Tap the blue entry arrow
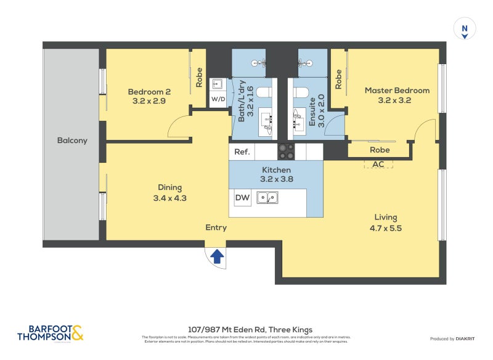[217, 256]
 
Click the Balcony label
[72, 141]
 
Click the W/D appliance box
[218, 99]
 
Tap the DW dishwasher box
[242, 198]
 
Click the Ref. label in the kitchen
[241, 152]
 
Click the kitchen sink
[267, 198]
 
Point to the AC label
[378, 164]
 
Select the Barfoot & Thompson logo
[51, 333]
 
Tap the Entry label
[216, 227]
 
